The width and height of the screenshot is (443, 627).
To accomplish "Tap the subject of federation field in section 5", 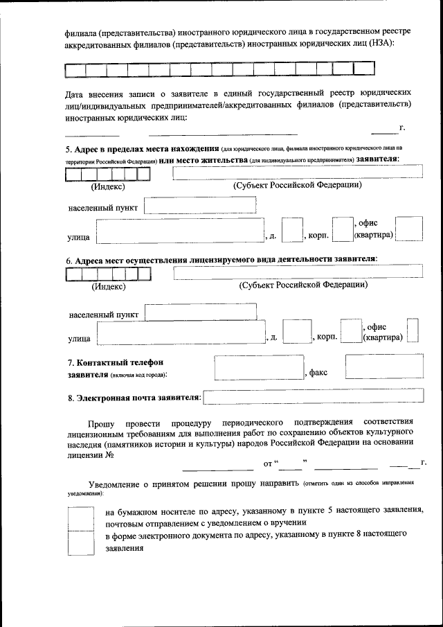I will [x=298, y=173].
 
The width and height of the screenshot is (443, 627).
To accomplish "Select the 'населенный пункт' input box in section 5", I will [x=200, y=206].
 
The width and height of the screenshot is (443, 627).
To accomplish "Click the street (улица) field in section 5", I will [x=179, y=230].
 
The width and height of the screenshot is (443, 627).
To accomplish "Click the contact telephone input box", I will [x=259, y=367].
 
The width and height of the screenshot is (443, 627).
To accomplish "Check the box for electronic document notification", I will [x=80, y=542].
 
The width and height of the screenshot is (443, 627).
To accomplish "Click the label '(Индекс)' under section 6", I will [x=108, y=286].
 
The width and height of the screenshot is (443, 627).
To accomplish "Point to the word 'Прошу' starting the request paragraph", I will [x=102, y=422].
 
